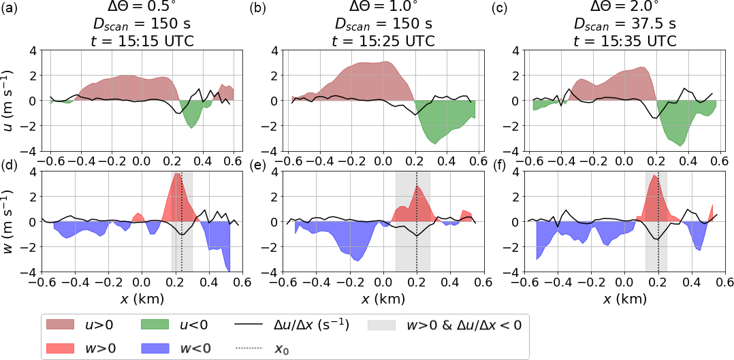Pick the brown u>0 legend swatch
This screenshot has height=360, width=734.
pos(64,325)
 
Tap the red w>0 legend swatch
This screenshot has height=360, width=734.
pos(64,348)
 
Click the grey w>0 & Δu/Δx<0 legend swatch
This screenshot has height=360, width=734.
pos(385,325)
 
